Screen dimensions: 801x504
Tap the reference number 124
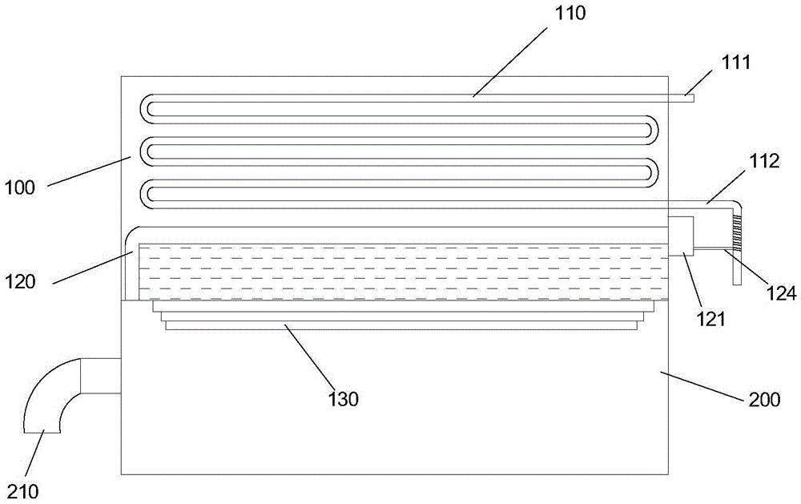point(780,294)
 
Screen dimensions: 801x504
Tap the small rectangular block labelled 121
point(680,236)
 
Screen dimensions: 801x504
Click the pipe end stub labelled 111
point(680,99)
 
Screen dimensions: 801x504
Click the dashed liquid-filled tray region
point(400,272)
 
